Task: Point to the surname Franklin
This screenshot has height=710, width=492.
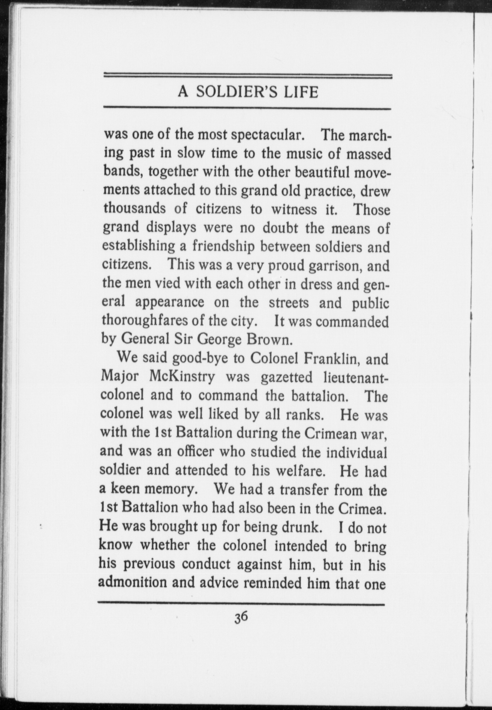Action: (331, 358)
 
